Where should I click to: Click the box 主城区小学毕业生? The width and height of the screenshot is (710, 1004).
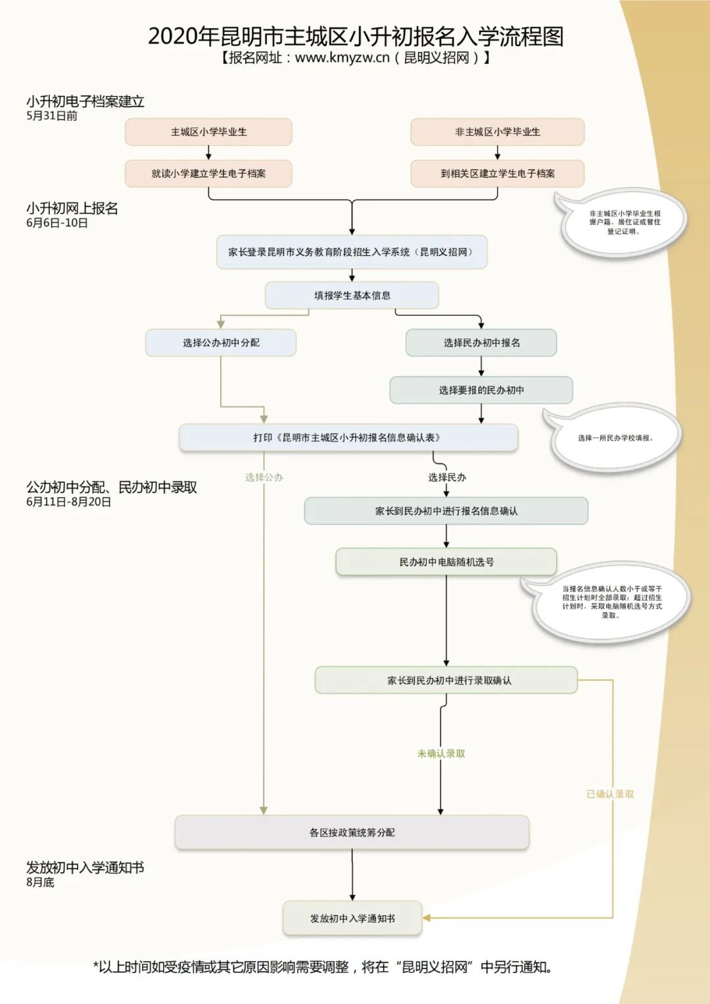tap(208, 132)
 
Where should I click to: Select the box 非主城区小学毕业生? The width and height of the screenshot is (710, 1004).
tap(497, 132)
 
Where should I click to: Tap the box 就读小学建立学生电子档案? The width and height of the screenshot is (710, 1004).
tap(208, 174)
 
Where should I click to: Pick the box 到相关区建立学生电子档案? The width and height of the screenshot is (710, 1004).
tap(497, 174)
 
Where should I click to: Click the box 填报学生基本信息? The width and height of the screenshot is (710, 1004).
tap(352, 295)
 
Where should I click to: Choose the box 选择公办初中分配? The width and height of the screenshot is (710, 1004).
tap(221, 343)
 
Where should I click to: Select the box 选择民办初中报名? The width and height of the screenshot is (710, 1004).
tap(481, 343)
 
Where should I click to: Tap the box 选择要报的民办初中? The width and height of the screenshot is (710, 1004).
tap(481, 390)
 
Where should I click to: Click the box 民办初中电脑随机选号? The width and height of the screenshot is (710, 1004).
tap(446, 562)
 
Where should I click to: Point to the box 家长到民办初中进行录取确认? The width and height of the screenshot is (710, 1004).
tap(446, 681)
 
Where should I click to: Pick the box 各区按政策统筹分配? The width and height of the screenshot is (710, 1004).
tap(352, 832)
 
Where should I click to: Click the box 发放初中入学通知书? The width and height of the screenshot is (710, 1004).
tap(352, 919)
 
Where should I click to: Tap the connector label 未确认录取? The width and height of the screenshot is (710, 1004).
tap(441, 753)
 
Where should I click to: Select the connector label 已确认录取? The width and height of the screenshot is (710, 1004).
tap(610, 794)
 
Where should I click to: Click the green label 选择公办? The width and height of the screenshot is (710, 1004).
tap(264, 477)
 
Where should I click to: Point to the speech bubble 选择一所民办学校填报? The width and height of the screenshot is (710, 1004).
tap(615, 438)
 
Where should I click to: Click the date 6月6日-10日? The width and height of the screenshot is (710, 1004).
tap(57, 224)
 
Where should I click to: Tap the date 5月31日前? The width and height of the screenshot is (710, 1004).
tap(52, 116)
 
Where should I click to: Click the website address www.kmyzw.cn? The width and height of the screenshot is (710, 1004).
tap(342, 58)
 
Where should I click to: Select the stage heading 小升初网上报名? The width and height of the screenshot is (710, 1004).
tap(72, 208)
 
